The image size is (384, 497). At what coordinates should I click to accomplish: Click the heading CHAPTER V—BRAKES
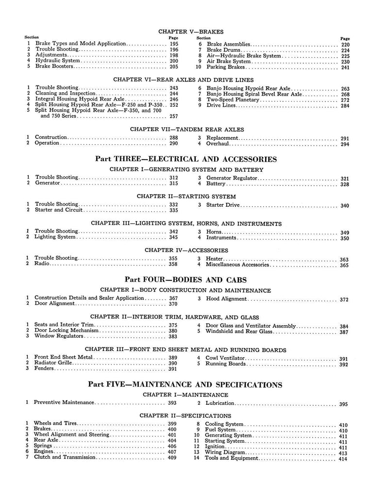(191, 32)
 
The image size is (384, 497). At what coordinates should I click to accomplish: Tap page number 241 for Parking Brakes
(345, 67)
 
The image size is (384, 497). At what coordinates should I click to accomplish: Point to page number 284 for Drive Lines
(345, 106)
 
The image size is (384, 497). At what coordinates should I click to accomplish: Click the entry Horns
(214, 232)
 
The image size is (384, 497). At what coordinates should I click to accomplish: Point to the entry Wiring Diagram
(229, 451)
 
